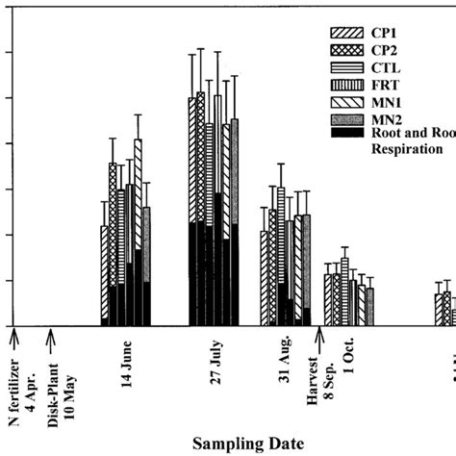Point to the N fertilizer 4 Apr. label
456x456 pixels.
coord(19,385)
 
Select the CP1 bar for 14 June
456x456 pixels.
coord(104,274)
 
